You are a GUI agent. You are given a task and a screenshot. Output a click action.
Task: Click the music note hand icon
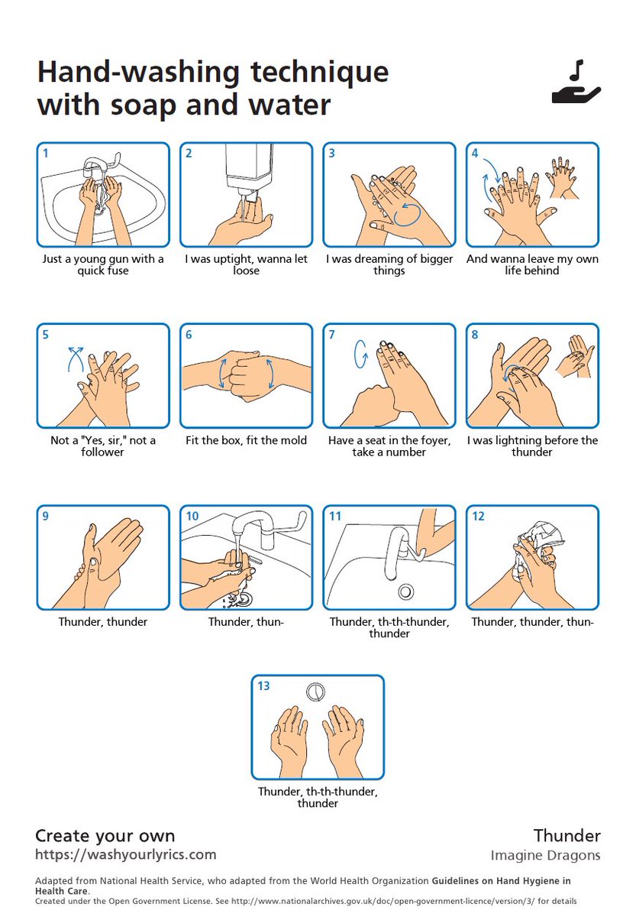[576, 83]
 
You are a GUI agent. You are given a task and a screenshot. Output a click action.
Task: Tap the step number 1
[46, 153]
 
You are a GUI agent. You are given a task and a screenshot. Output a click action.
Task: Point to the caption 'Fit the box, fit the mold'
[246, 440]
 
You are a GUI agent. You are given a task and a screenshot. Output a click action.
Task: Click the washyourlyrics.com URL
[125, 854]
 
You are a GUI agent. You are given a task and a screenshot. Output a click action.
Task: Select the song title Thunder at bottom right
[567, 835]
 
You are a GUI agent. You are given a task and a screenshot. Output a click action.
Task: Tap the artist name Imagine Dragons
[545, 855]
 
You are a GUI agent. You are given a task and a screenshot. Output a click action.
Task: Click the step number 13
[263, 686]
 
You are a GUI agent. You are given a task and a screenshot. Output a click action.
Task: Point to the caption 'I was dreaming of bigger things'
[389, 264]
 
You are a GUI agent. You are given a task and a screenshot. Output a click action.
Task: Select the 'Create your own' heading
[105, 835]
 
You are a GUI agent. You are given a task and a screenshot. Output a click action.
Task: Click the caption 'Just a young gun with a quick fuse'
[102, 264]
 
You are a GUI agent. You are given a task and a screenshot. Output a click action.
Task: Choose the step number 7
[331, 335]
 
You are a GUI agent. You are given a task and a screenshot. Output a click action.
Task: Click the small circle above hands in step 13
[315, 692]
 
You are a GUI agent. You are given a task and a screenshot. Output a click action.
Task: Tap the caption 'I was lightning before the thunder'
[531, 446]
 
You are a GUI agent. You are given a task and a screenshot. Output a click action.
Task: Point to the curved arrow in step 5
[76, 357]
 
